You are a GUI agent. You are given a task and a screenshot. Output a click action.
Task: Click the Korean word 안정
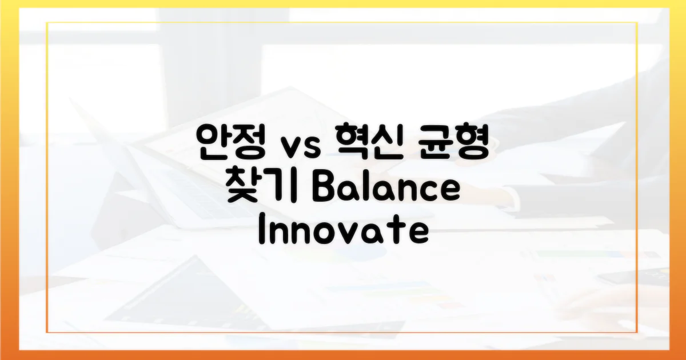tap(230, 142)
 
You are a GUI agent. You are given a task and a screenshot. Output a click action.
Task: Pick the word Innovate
tap(343, 231)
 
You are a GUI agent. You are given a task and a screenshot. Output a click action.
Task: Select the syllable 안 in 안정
tap(213, 142)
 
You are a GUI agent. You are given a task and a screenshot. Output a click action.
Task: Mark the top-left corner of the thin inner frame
tap(47, 23)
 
